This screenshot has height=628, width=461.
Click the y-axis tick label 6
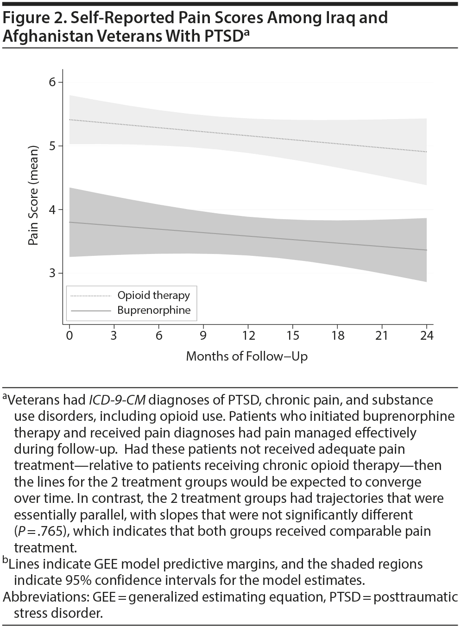[52, 82]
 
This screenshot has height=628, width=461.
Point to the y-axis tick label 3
[52, 273]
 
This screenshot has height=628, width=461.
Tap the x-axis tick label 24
[426, 336]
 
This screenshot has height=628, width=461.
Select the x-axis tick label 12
[248, 336]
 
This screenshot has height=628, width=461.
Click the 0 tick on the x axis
[69, 336]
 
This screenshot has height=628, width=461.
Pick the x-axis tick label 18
[338, 336]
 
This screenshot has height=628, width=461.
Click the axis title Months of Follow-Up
[246, 356]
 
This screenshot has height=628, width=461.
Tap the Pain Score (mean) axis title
[33, 201]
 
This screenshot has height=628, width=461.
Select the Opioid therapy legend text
[153, 295]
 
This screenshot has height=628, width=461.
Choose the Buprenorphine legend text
[154, 310]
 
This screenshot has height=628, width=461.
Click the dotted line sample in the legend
[90, 296]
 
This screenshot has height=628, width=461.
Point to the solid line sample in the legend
[90, 311]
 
